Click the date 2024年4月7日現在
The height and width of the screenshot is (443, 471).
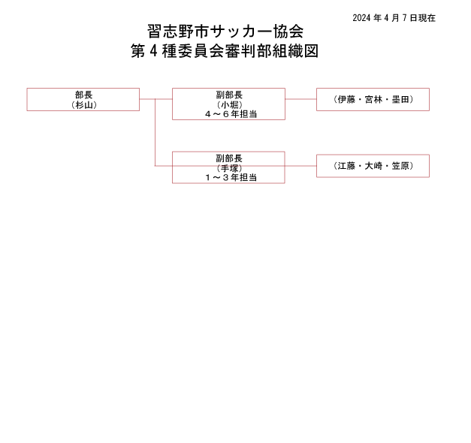[x=394, y=18]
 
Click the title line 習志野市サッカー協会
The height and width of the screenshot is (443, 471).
[x=225, y=32]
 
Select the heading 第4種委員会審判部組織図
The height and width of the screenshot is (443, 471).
[x=225, y=51]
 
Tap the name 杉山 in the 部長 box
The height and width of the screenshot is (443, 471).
[x=84, y=105]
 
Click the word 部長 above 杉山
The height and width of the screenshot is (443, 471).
[x=84, y=95]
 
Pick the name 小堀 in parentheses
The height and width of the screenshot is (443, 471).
[x=230, y=105]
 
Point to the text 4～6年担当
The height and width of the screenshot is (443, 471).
[x=231, y=114]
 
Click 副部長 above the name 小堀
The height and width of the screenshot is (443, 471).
[x=229, y=95]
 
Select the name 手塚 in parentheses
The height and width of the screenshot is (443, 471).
[x=230, y=168]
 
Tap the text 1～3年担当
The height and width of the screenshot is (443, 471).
[x=231, y=177]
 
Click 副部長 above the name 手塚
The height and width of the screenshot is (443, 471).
[x=229, y=158]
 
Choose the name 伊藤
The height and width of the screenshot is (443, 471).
[x=346, y=99]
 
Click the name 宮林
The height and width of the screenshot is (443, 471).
[x=373, y=99]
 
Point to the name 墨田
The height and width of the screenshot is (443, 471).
[x=400, y=99]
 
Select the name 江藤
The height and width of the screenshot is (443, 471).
[x=346, y=166]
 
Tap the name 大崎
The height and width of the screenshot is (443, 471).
[x=373, y=166]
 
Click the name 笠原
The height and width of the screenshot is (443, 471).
[x=400, y=166]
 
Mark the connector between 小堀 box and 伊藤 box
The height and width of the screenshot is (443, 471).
[x=300, y=99]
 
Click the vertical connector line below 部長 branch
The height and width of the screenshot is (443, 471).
[x=155, y=132]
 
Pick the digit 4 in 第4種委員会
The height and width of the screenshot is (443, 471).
[x=153, y=51]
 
